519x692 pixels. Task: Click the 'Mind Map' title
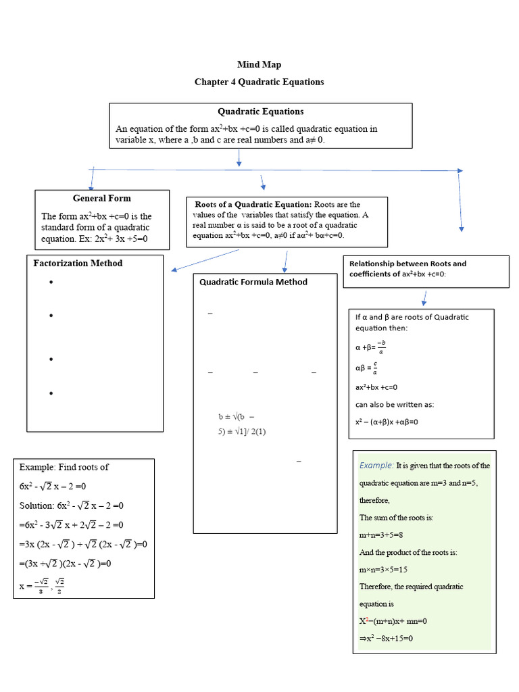(x=259, y=65)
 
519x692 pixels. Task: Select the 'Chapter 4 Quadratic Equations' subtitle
(x=259, y=82)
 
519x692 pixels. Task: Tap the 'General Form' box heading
(x=102, y=198)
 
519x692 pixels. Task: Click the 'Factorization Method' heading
(x=78, y=263)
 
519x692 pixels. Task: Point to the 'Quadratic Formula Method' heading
(x=253, y=282)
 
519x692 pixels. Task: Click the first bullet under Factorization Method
(x=51, y=282)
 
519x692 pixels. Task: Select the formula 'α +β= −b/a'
(x=371, y=347)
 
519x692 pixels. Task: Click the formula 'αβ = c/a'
(x=367, y=368)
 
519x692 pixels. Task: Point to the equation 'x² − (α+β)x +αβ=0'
(x=387, y=422)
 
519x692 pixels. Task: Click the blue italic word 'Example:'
(x=376, y=465)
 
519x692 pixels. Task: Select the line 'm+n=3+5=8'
(x=382, y=535)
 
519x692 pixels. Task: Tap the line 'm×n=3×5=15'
(x=383, y=569)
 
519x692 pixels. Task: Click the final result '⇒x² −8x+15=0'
(x=386, y=638)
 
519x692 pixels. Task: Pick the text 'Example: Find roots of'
(x=64, y=467)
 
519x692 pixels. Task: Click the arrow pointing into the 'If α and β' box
(x=424, y=298)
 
